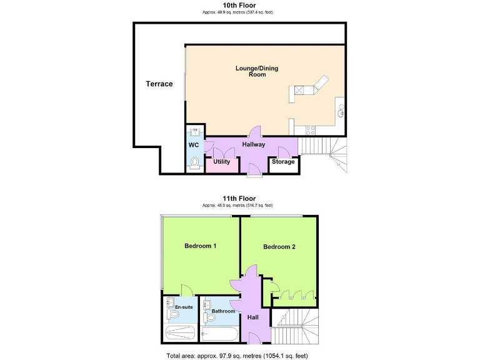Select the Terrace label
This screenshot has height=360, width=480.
pyautogui.click(x=159, y=84)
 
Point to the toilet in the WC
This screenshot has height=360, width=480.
pyautogui.click(x=194, y=163)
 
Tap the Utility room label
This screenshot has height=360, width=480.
pyautogui.click(x=221, y=162)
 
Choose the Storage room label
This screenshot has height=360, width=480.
pyautogui.click(x=282, y=162)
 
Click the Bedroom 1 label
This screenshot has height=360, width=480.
pyautogui.click(x=200, y=246)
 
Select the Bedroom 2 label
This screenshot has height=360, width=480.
pyautogui.click(x=279, y=247)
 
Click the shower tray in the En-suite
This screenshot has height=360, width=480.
pyautogui.click(x=179, y=334)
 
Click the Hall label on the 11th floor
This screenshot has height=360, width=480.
pyautogui.click(x=253, y=317)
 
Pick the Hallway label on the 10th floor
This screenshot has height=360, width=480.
pyautogui.click(x=254, y=144)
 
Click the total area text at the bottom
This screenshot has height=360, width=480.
pyautogui.click(x=237, y=355)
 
